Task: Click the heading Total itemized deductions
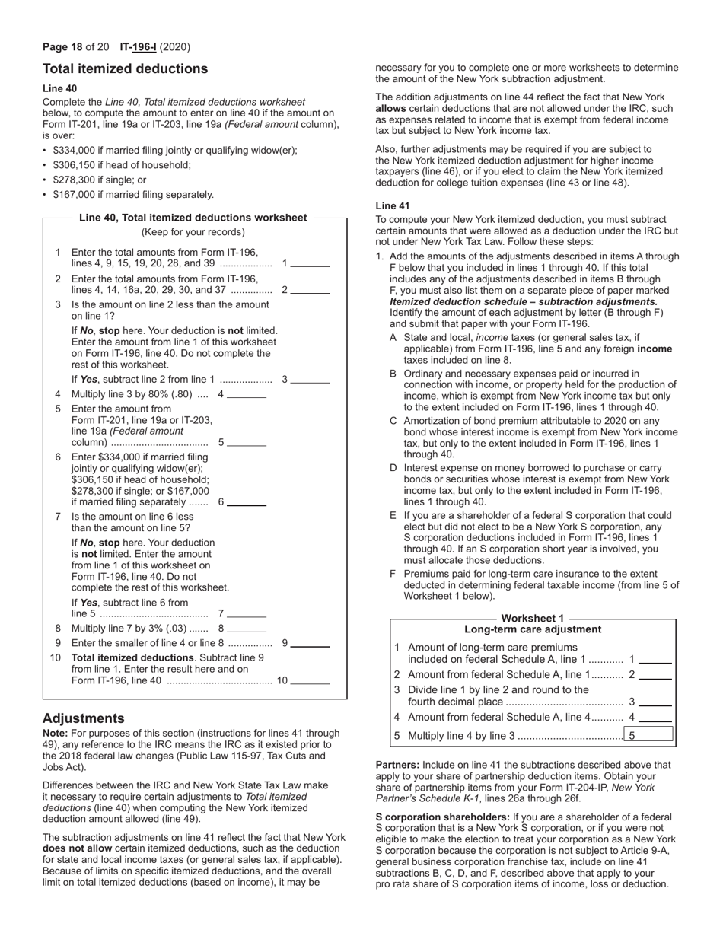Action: coord(125,69)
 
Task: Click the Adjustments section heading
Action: coord(83,718)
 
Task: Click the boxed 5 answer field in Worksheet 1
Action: coord(648,735)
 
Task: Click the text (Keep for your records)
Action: coord(193,232)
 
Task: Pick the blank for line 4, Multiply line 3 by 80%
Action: coord(247,394)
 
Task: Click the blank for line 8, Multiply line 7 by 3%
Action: coord(247,629)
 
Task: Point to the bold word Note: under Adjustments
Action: coord(55,734)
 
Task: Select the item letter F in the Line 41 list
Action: coord(393,575)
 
